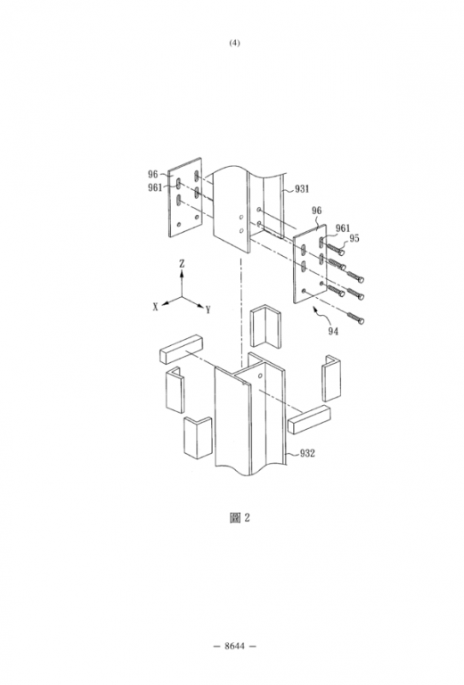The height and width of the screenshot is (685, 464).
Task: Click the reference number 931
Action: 302,189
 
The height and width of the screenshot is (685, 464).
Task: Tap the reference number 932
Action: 307,453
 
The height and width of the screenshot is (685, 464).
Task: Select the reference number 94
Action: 333,332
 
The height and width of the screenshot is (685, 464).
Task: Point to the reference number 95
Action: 354,238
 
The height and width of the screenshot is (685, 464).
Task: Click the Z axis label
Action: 182,263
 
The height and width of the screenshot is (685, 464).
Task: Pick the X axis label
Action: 155,307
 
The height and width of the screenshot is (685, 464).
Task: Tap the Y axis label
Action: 208,310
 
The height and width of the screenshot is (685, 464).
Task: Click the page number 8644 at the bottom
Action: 234,646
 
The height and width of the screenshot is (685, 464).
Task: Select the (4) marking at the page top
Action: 234,43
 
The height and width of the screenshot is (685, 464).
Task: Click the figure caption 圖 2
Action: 240,517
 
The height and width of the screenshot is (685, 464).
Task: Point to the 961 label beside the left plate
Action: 155,187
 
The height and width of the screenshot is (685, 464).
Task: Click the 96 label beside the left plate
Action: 152,174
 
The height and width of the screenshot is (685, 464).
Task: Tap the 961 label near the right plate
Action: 343,228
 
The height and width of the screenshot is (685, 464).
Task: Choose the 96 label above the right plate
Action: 316,210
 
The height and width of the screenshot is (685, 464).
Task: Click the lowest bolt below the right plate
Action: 356,318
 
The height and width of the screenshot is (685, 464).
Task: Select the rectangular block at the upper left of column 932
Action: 182,349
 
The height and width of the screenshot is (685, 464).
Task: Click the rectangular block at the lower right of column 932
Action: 309,420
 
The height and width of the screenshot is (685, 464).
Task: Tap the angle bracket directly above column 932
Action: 265,327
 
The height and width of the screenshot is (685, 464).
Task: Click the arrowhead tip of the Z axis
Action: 182,270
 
